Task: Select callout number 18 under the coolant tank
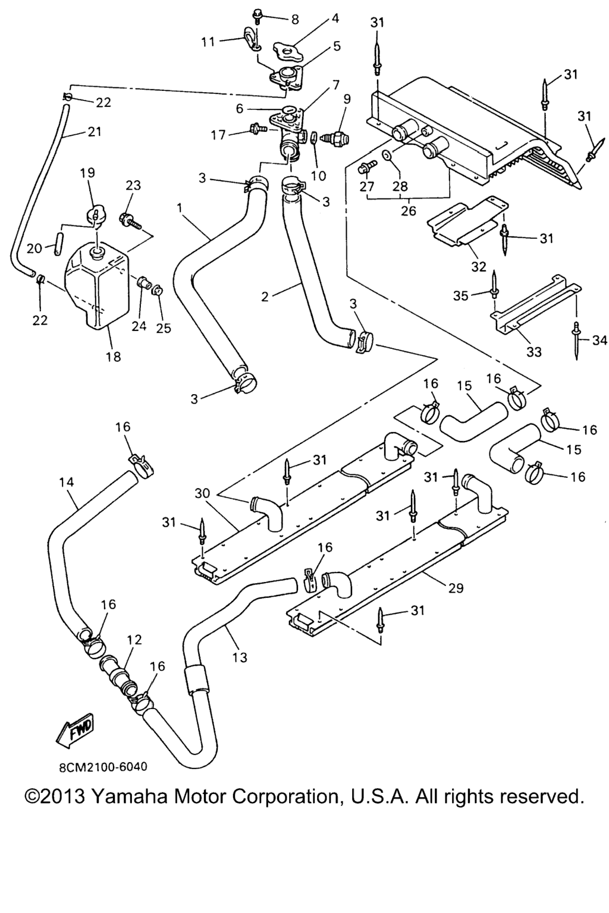coord(113,356)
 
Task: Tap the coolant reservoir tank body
coord(95,285)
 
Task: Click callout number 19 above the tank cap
coord(87,173)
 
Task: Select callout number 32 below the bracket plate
coord(479,266)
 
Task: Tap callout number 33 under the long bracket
coord(534,352)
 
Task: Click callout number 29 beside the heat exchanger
coord(456,588)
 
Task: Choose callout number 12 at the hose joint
coord(134,640)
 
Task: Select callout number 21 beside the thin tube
coord(95,132)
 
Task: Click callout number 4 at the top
coord(335,18)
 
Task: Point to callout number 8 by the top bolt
coord(294,18)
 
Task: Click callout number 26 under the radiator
coord(408,210)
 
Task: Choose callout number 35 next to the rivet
coord(461,295)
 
